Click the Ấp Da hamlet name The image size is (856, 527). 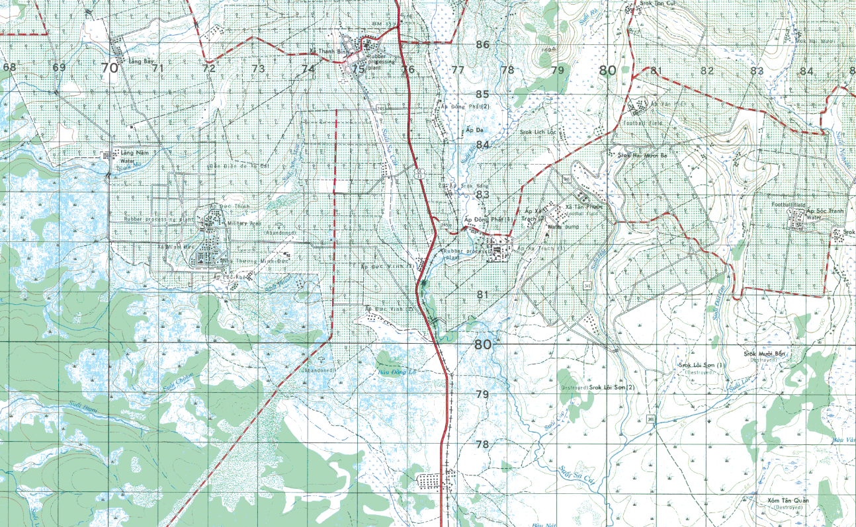click(x=474, y=130)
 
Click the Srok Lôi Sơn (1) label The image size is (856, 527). click(x=703, y=365)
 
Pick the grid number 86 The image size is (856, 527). click(x=482, y=45)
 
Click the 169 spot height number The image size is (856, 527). click(x=546, y=50)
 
